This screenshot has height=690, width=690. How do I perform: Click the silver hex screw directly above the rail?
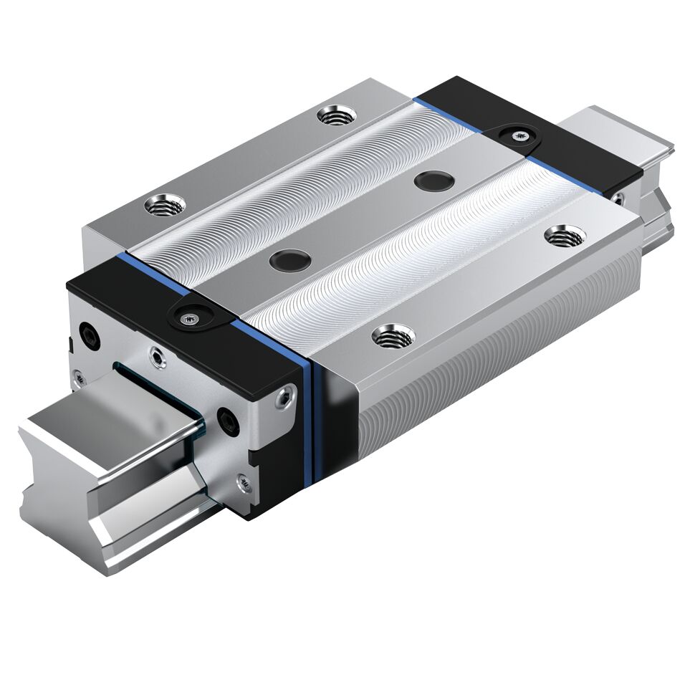coord(155,353)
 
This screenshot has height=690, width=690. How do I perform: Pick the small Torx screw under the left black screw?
coord(77,373)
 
